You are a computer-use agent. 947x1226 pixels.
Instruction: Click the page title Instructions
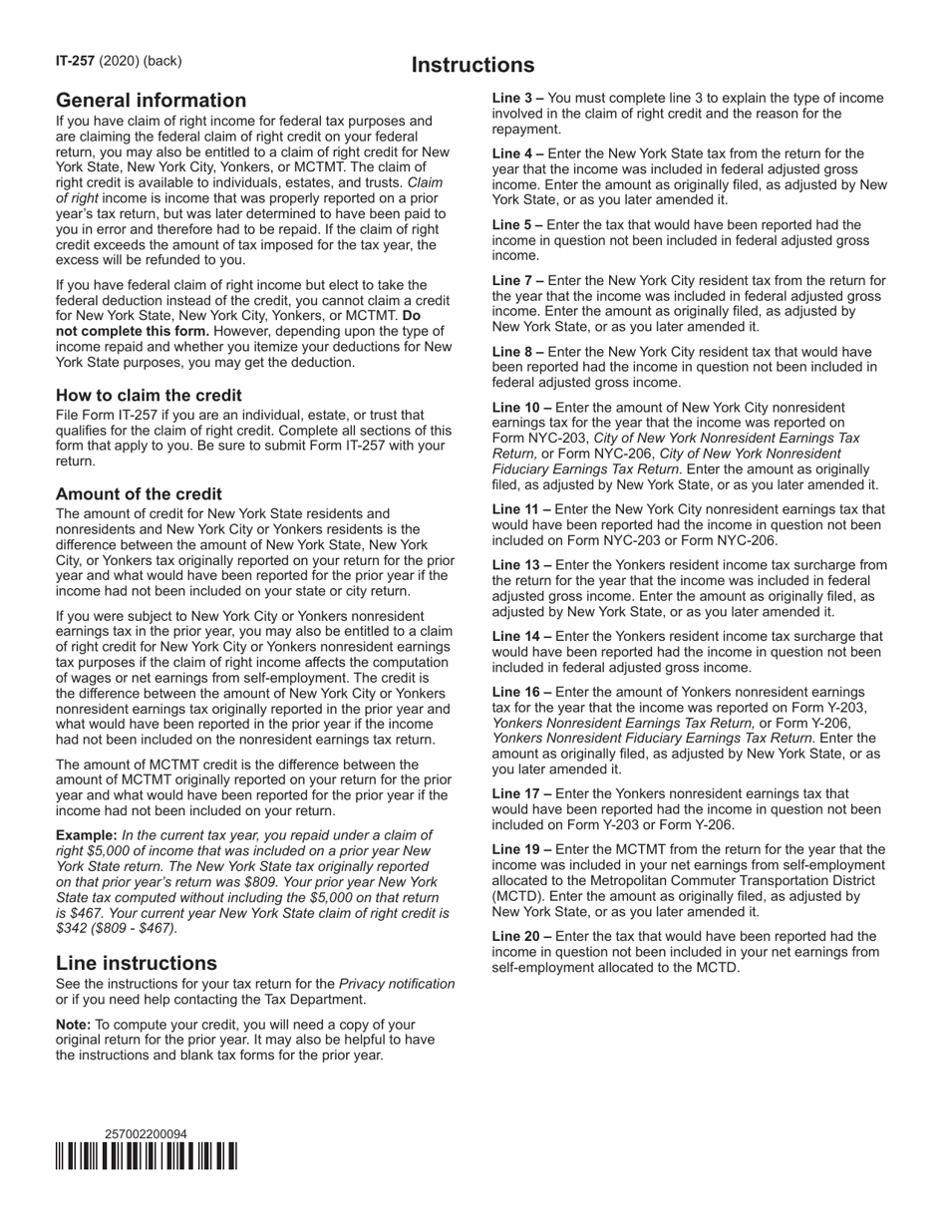pos(473,66)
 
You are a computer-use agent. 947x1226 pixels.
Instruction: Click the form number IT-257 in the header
pos(75,61)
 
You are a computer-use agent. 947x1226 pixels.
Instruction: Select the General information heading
pos(151,101)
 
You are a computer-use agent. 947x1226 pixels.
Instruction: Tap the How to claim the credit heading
pos(149,396)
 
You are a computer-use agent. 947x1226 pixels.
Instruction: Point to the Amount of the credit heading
pos(139,494)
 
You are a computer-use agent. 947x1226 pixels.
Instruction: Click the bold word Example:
pos(87,835)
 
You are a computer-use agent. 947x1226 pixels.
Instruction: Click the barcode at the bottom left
pos(147,1156)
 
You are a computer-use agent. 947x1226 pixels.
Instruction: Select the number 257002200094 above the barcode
pos(146,1134)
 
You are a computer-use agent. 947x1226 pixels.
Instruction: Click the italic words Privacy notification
pos(397,985)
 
